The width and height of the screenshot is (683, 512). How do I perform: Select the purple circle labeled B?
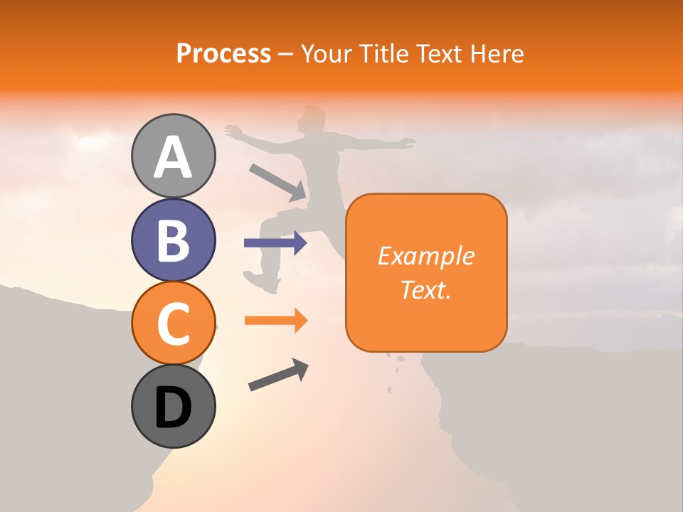[x=173, y=240]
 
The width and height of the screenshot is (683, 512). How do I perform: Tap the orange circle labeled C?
[x=173, y=323]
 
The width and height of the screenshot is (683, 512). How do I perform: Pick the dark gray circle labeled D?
[x=173, y=406]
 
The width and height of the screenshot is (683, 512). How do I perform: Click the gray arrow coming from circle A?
[x=277, y=182]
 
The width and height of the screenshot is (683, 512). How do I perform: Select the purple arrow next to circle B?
[x=275, y=243]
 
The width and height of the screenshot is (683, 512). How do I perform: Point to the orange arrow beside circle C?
[x=275, y=321]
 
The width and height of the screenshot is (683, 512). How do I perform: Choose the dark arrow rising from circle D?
[x=278, y=375]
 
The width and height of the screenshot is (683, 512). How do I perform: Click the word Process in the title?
[x=223, y=53]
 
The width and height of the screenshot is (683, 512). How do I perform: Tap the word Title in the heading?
[x=383, y=53]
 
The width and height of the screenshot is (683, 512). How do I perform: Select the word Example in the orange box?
[x=425, y=256]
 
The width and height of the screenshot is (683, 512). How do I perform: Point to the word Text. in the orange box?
[x=425, y=289]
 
